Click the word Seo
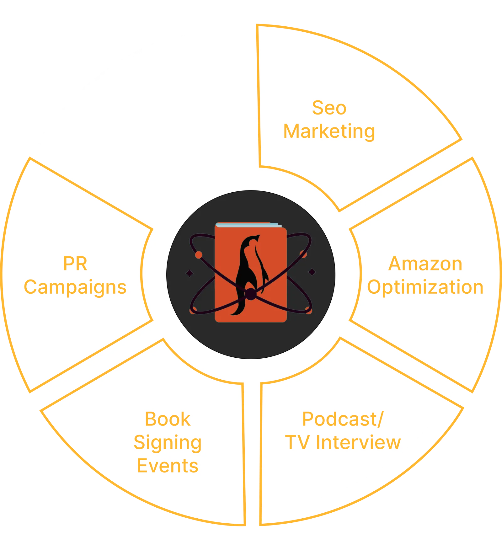(x=329, y=108)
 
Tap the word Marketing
(x=329, y=131)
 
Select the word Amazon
(x=425, y=264)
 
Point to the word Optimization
(x=425, y=287)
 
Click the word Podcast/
(x=343, y=419)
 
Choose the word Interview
(x=359, y=442)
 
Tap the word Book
(x=168, y=419)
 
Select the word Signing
(x=168, y=443)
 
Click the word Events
(x=168, y=466)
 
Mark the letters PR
(x=75, y=264)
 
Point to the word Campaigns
(x=75, y=287)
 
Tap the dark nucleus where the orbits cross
(x=250, y=294)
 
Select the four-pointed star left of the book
(x=190, y=273)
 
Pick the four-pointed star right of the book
(x=312, y=272)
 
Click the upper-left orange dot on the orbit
(x=199, y=255)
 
